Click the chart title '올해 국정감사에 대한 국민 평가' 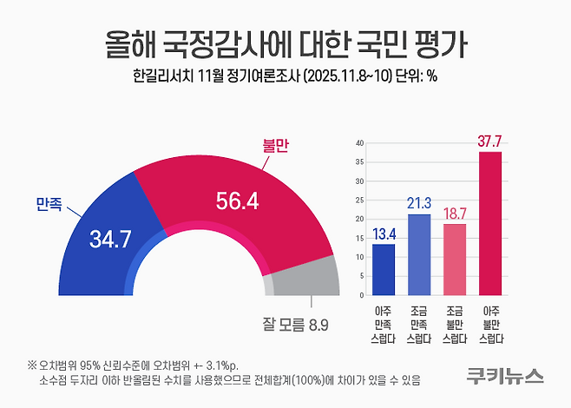[285, 40]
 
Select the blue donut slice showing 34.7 [109, 230]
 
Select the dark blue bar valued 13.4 [384, 269]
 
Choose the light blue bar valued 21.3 [419, 253]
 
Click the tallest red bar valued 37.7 [490, 223]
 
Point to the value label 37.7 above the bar [490, 141]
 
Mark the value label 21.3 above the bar [419, 204]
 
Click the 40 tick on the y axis [359, 142]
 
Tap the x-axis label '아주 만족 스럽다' [384, 324]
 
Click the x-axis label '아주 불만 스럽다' [490, 324]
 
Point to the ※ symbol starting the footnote [32, 364]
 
